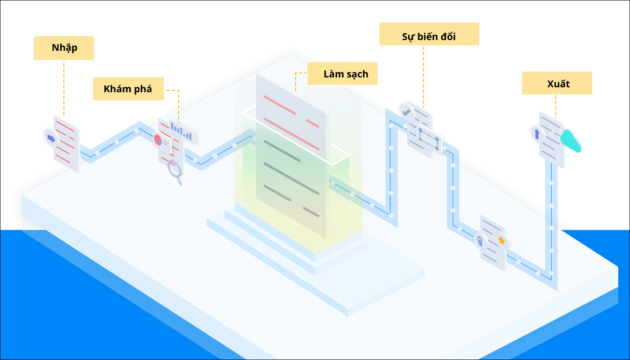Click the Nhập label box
pyautogui.click(x=64, y=48)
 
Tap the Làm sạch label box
pyautogui.click(x=342, y=74)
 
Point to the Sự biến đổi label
pyautogui.click(x=429, y=34)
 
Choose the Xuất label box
pyautogui.click(x=557, y=83)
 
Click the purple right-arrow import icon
pyautogui.click(x=51, y=138)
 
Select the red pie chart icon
pyautogui.click(x=158, y=140)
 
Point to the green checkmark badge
pyautogui.click(x=407, y=112)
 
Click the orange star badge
pyautogui.click(x=501, y=241)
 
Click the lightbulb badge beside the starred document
pyautogui.click(x=480, y=240)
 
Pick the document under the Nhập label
pyautogui.click(x=67, y=144)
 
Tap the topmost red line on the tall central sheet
pyautogui.click(x=279, y=105)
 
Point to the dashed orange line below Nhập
pyautogui.click(x=64, y=88)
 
